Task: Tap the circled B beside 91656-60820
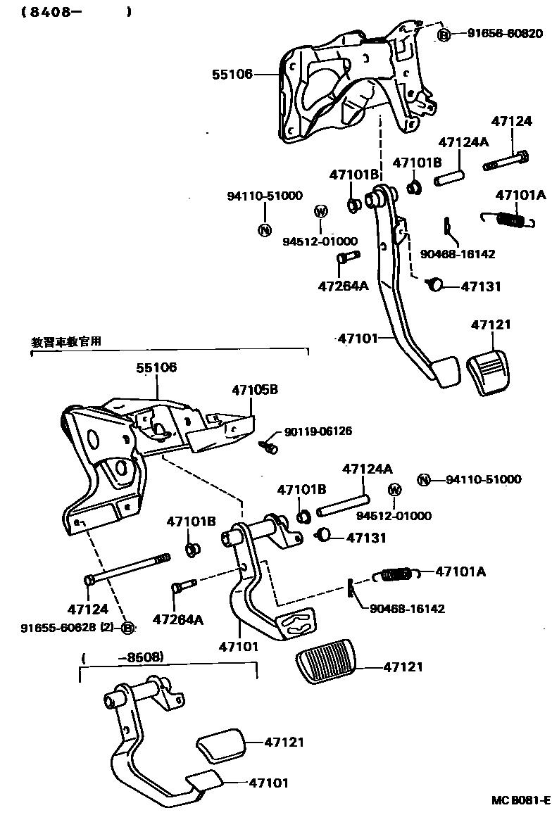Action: pos(444,34)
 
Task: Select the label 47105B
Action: pos(255,389)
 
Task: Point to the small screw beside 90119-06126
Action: pos(268,445)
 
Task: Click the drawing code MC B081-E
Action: pos(520,801)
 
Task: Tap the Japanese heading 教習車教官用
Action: pos(66,341)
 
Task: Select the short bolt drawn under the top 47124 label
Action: pos(505,160)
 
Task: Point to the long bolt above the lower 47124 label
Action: pos(127,568)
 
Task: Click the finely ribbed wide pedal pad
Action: pos(326,662)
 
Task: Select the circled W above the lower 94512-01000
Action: pos(394,490)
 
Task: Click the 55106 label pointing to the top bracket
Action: pos(232,73)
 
